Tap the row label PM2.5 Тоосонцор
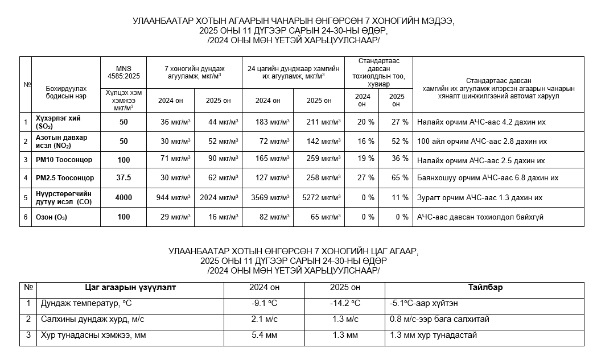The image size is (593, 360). click(x=64, y=178)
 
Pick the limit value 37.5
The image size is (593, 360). click(x=123, y=178)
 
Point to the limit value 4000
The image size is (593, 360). click(x=123, y=198)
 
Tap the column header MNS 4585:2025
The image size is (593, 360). click(x=123, y=72)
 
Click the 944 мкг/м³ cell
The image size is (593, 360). click(x=174, y=198)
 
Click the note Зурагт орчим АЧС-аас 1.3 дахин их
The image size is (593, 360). click(x=480, y=198)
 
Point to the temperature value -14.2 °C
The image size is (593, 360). click(x=345, y=304)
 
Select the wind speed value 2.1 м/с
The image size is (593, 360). click(x=264, y=319)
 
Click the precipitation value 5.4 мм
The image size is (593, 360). click(x=264, y=336)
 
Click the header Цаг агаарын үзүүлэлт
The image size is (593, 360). click(x=130, y=287)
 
